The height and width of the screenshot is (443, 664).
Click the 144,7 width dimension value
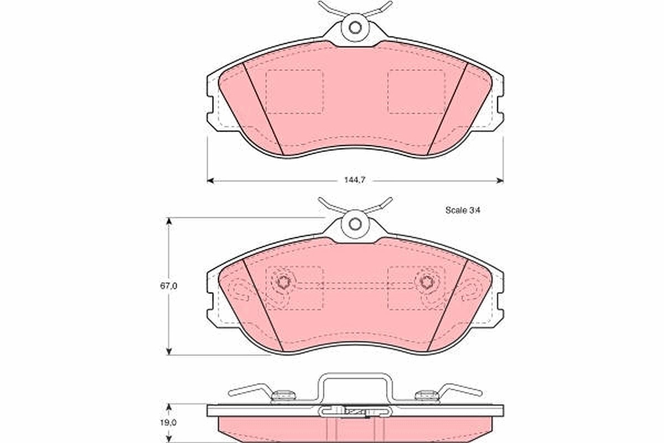coord(355,180)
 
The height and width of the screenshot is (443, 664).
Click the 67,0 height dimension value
coord(169,286)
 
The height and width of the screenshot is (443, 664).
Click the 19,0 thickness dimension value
coord(168,423)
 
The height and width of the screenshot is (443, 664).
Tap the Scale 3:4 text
coord(463,210)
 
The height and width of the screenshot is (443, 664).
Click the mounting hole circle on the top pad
coord(355,28)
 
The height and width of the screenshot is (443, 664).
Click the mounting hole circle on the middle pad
coord(355,224)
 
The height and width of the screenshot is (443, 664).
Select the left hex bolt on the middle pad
coord(284,281)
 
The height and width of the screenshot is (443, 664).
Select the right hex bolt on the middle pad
coord(427,281)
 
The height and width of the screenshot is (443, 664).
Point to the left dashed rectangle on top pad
coord(294,92)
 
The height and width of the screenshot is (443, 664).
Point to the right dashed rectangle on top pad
coord(416,92)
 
